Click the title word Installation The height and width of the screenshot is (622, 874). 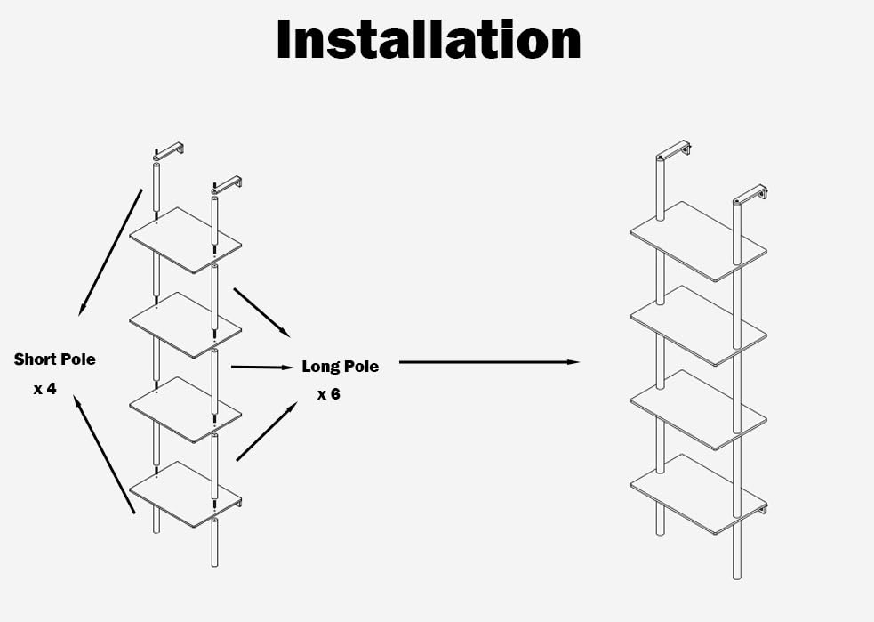(x=429, y=39)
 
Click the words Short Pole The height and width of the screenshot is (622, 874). (x=54, y=359)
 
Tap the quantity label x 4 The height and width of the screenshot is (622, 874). (x=45, y=388)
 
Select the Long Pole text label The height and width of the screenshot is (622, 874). (x=340, y=367)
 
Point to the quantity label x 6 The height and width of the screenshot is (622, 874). (x=329, y=394)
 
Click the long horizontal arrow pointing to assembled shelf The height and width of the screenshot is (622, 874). (x=489, y=362)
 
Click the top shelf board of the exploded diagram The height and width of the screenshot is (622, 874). (x=186, y=240)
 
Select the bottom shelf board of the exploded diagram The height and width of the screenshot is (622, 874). (x=186, y=494)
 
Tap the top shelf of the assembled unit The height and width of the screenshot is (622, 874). (x=699, y=241)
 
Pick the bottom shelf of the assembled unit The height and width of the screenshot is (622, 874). (x=699, y=494)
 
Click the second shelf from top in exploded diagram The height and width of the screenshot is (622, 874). (x=186, y=325)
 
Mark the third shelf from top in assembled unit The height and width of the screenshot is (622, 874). (x=699, y=410)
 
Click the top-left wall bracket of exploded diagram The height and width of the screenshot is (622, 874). (x=169, y=151)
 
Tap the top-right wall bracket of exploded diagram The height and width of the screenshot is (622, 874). (x=227, y=185)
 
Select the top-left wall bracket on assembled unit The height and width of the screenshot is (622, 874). (x=673, y=149)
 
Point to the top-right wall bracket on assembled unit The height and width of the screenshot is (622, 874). (x=750, y=194)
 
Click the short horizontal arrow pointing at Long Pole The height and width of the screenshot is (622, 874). (x=262, y=368)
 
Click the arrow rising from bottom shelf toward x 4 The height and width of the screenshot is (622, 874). (x=104, y=454)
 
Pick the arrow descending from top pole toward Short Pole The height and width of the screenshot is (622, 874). (x=110, y=252)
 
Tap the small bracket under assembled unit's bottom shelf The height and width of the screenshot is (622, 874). (x=764, y=509)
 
